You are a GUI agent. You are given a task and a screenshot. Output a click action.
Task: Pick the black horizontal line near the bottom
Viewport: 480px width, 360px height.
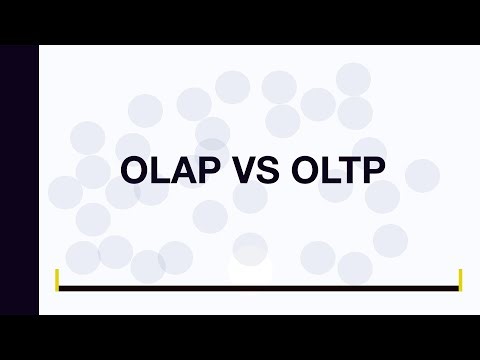(259, 289)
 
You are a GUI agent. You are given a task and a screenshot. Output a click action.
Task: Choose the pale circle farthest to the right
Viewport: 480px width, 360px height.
(422, 176)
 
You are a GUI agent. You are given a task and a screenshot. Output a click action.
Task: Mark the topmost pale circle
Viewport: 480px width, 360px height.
(353, 79)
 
